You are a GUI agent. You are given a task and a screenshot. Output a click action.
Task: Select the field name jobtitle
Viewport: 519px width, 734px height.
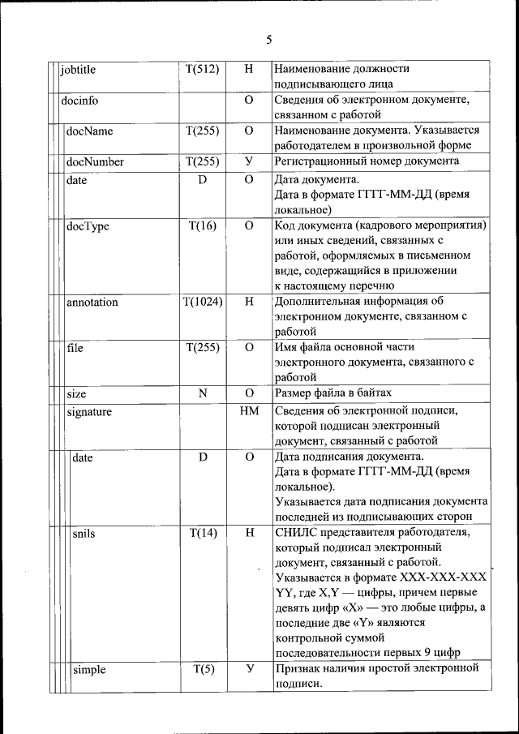pyautogui.click(x=79, y=70)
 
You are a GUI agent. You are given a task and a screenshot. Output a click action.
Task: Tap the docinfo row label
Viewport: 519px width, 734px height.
pyautogui.click(x=80, y=100)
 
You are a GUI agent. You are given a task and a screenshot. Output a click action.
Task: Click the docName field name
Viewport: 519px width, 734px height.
pyautogui.click(x=89, y=131)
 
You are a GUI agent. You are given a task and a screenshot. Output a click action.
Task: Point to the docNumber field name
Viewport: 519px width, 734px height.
pyautogui.click(x=95, y=161)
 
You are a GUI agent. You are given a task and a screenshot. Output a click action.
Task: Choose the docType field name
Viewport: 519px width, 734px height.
pyautogui.click(x=88, y=226)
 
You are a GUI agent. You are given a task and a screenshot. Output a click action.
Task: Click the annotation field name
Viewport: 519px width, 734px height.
pyautogui.click(x=92, y=302)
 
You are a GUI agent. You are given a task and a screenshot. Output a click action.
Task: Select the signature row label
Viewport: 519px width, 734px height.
pyautogui.click(x=89, y=412)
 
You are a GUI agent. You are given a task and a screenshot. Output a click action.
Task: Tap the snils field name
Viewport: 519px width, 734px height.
pyautogui.click(x=84, y=534)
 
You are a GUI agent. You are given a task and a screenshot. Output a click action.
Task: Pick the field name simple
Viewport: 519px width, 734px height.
pyautogui.click(x=89, y=670)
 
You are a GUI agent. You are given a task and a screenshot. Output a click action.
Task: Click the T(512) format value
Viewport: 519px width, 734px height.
pyautogui.click(x=203, y=69)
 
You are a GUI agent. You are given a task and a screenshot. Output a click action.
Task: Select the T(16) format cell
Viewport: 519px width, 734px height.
pyautogui.click(x=203, y=226)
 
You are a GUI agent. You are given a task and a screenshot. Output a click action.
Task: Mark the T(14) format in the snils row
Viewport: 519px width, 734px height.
pyautogui.click(x=203, y=534)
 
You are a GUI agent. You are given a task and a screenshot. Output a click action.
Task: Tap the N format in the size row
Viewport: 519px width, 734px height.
pyautogui.click(x=203, y=393)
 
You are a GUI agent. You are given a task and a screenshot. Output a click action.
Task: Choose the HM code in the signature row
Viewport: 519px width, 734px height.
pyautogui.click(x=249, y=411)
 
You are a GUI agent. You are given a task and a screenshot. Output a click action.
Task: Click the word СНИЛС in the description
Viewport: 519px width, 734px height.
pyautogui.click(x=297, y=534)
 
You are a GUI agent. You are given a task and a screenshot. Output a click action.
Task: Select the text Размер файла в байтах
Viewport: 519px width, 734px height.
pyautogui.click(x=332, y=393)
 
